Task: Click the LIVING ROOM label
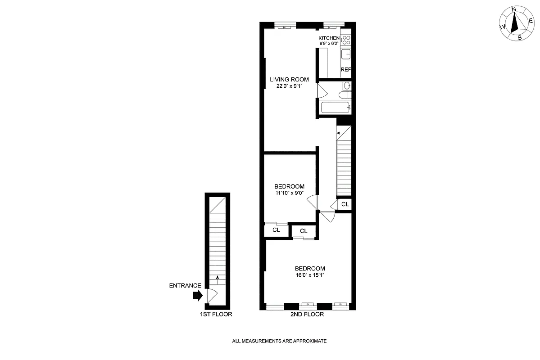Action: pyautogui.click(x=289, y=80)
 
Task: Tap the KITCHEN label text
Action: pyautogui.click(x=329, y=38)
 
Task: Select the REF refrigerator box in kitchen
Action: pyautogui.click(x=345, y=69)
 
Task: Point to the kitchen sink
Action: pyautogui.click(x=345, y=55)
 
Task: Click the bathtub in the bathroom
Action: pyautogui.click(x=335, y=108)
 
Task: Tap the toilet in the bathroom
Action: pyautogui.click(x=345, y=86)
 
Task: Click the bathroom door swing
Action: pyautogui.click(x=322, y=92)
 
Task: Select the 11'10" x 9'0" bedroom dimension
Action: pyautogui.click(x=289, y=193)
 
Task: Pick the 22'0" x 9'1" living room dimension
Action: pyautogui.click(x=289, y=86)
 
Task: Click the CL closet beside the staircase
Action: pyautogui.click(x=345, y=204)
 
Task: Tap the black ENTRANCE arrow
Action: pyautogui.click(x=197, y=296)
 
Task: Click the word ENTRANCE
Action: pyautogui.click(x=185, y=285)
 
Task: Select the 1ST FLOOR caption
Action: pyautogui.click(x=216, y=315)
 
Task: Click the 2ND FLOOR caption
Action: pyautogui.click(x=307, y=315)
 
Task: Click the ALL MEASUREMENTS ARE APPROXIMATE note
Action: pyautogui.click(x=279, y=341)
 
